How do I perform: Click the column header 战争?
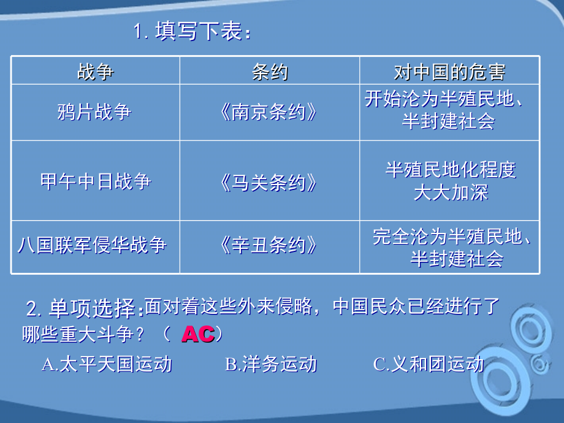pos(95,71)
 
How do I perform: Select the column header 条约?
pos(270,71)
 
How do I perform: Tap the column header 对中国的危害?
pos(449,71)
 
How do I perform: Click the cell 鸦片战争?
pos(95,112)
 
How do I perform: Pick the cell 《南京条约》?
pos(270,112)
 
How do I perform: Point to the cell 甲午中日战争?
pos(95,182)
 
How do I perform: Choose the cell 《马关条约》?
pos(270,182)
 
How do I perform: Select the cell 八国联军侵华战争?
pos(93,246)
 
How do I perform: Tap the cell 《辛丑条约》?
pos(270,246)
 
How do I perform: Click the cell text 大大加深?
pos(451,192)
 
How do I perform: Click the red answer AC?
pos(198,335)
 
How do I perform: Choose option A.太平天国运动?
pos(107,364)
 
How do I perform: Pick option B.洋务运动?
pos(271,364)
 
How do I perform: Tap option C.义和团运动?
pos(428,364)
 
